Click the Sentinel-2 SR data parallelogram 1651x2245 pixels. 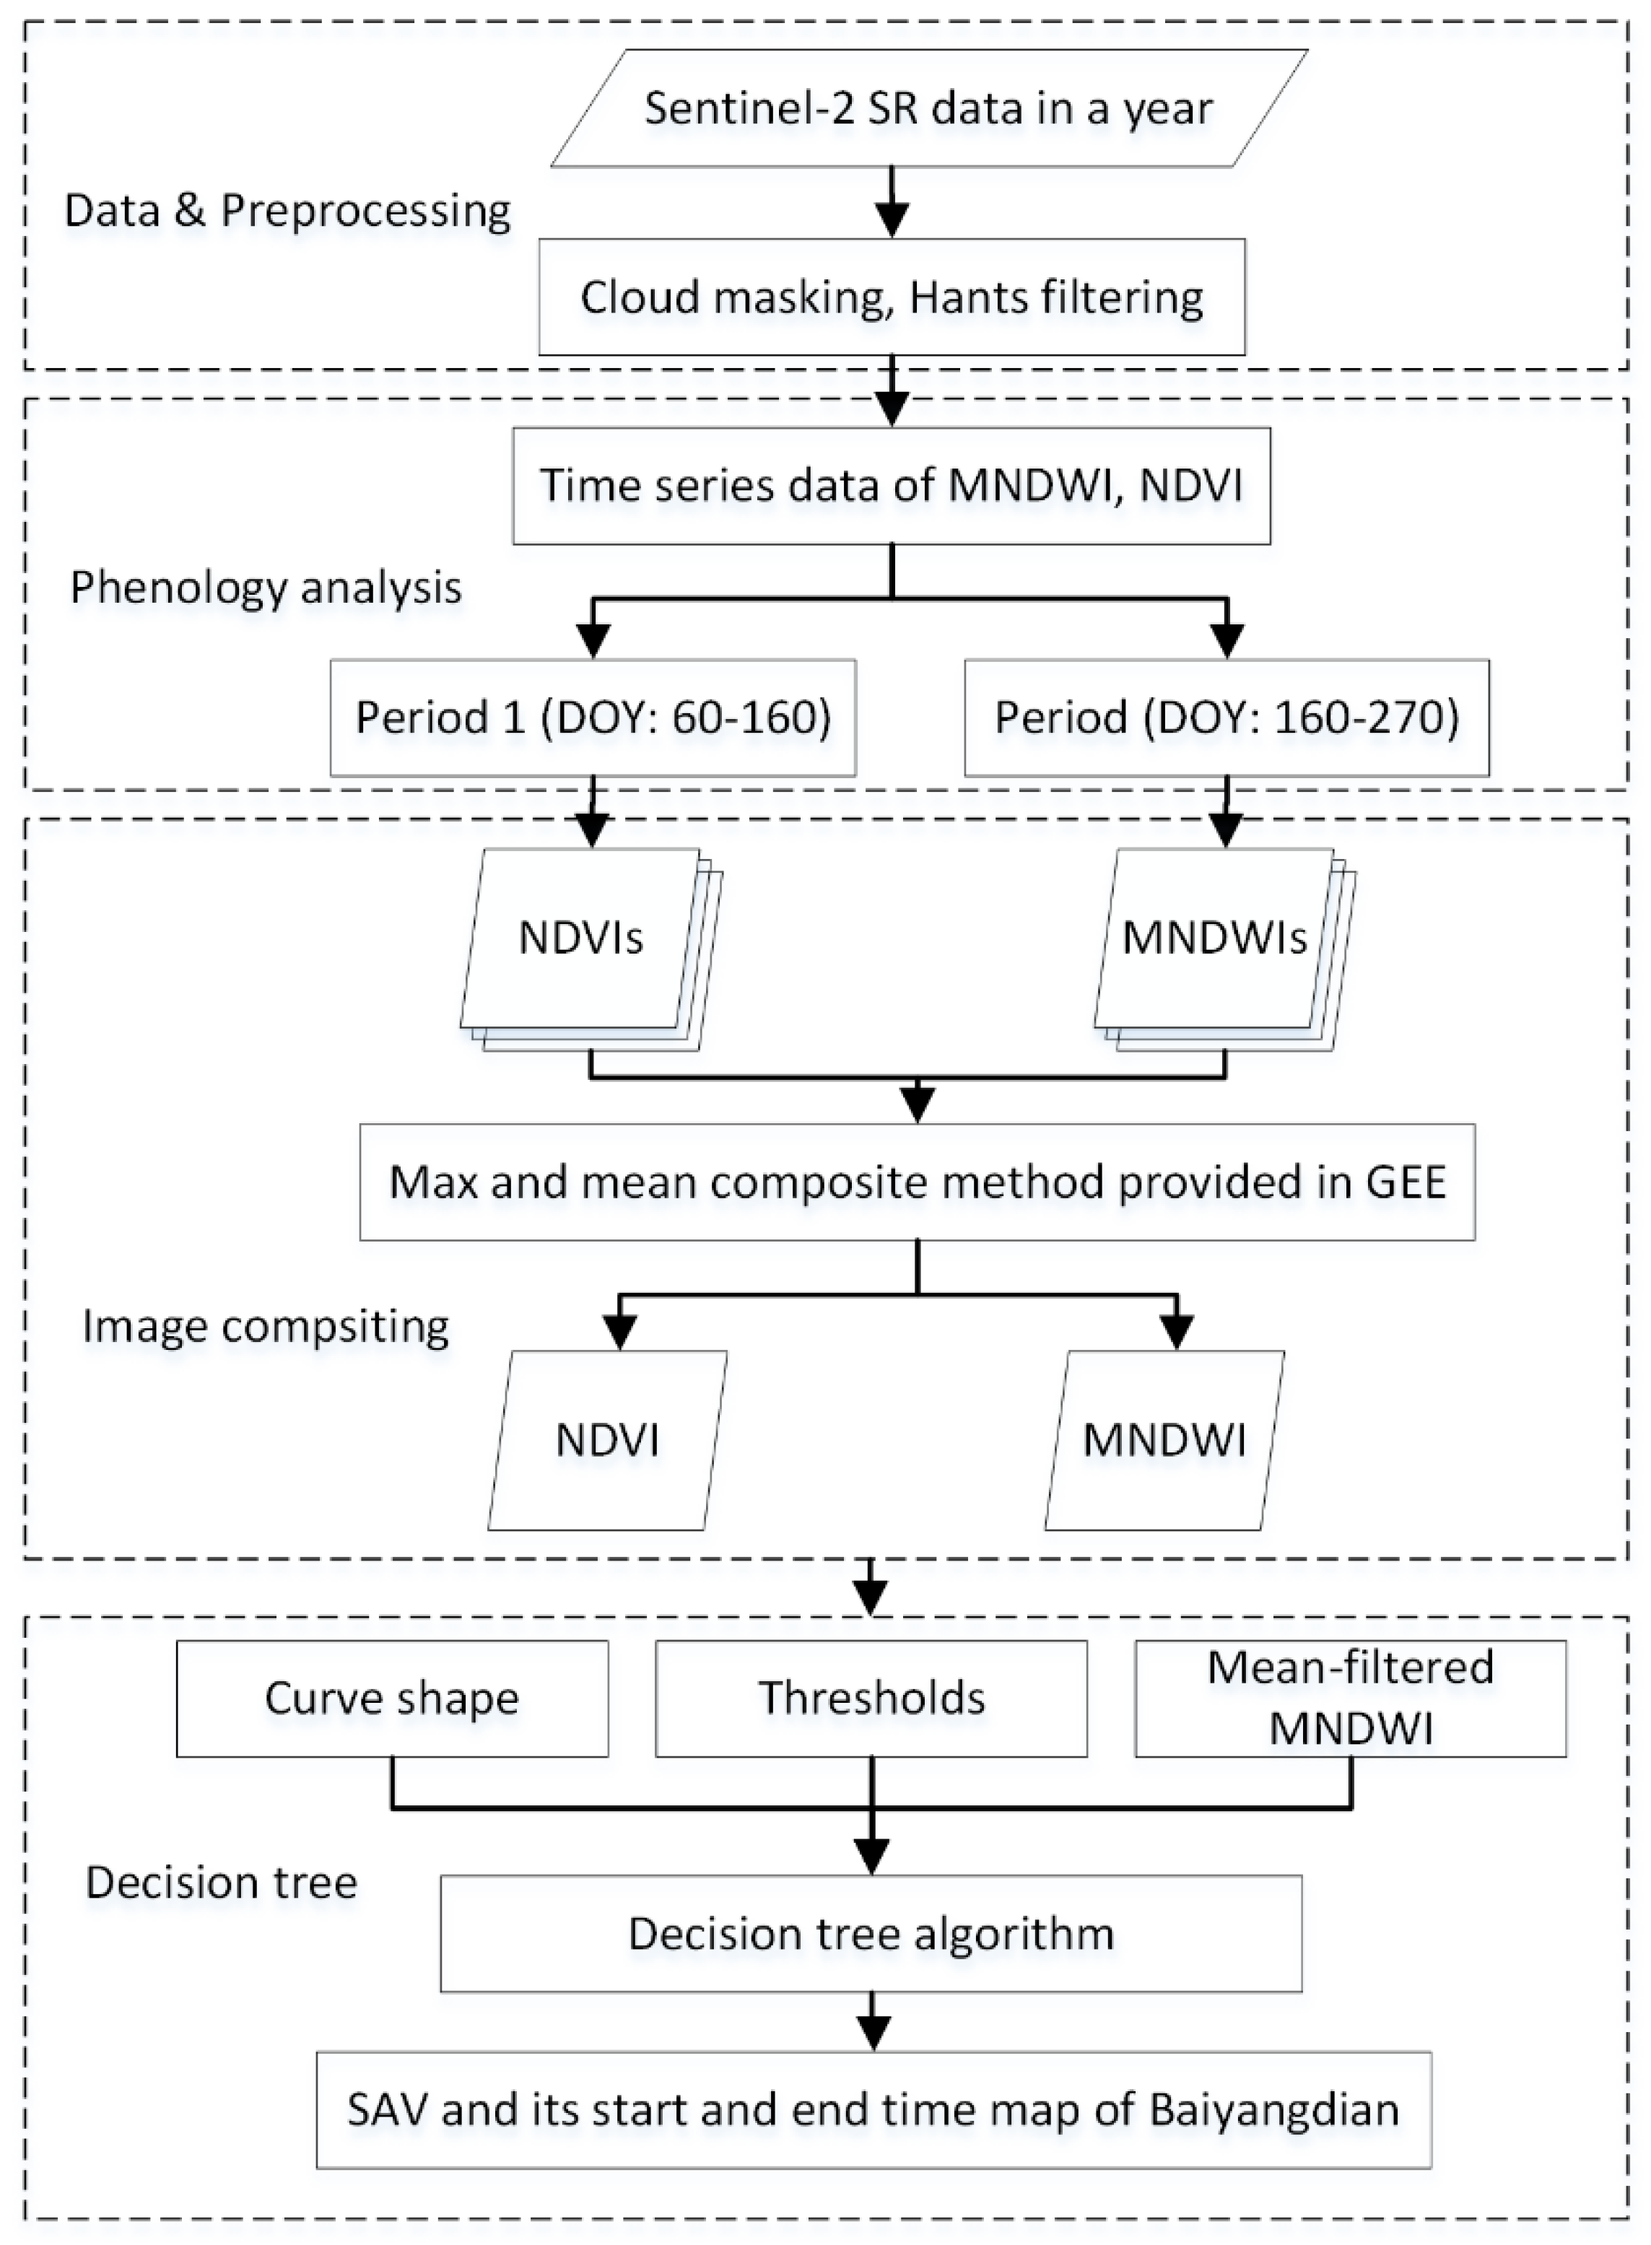point(928,108)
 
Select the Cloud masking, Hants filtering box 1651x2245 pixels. point(892,297)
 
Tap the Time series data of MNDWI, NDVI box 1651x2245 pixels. point(892,486)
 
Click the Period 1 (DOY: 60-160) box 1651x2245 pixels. point(593,718)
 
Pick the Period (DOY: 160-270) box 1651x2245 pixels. point(1227,718)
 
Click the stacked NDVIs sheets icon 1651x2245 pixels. point(585,944)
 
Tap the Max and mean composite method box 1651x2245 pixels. point(918,1182)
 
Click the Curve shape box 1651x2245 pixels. point(392,1699)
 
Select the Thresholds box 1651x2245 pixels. point(871,1699)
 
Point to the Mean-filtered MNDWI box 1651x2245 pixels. point(1350,1699)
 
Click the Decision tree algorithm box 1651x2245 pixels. point(871,1933)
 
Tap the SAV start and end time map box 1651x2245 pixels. point(874,2109)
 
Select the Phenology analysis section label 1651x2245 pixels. point(266,588)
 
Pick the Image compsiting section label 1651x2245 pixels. point(266,1326)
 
